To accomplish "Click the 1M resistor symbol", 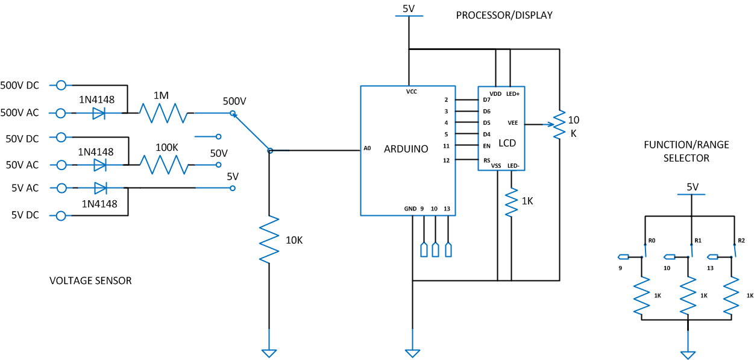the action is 163,113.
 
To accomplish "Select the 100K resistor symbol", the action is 165,165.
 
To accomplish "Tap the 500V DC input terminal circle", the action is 61,85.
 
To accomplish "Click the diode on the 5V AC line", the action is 100,188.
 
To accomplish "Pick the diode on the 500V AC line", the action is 99,113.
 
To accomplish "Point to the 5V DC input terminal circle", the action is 61,216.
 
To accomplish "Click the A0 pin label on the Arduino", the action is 367,148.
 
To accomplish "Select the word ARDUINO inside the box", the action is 406,149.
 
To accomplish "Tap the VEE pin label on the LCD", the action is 513,123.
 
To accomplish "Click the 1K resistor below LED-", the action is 511,202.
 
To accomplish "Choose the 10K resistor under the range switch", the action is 269,240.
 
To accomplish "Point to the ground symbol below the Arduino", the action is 412,353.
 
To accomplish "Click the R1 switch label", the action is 698,241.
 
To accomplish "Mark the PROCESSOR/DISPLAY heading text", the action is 504,15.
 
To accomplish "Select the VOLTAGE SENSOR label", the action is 90,280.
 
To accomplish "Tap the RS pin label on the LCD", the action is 487,160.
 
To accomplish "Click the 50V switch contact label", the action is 219,154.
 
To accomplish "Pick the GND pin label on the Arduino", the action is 410,209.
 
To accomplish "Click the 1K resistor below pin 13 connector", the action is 731,296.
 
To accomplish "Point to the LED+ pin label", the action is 513,94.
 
